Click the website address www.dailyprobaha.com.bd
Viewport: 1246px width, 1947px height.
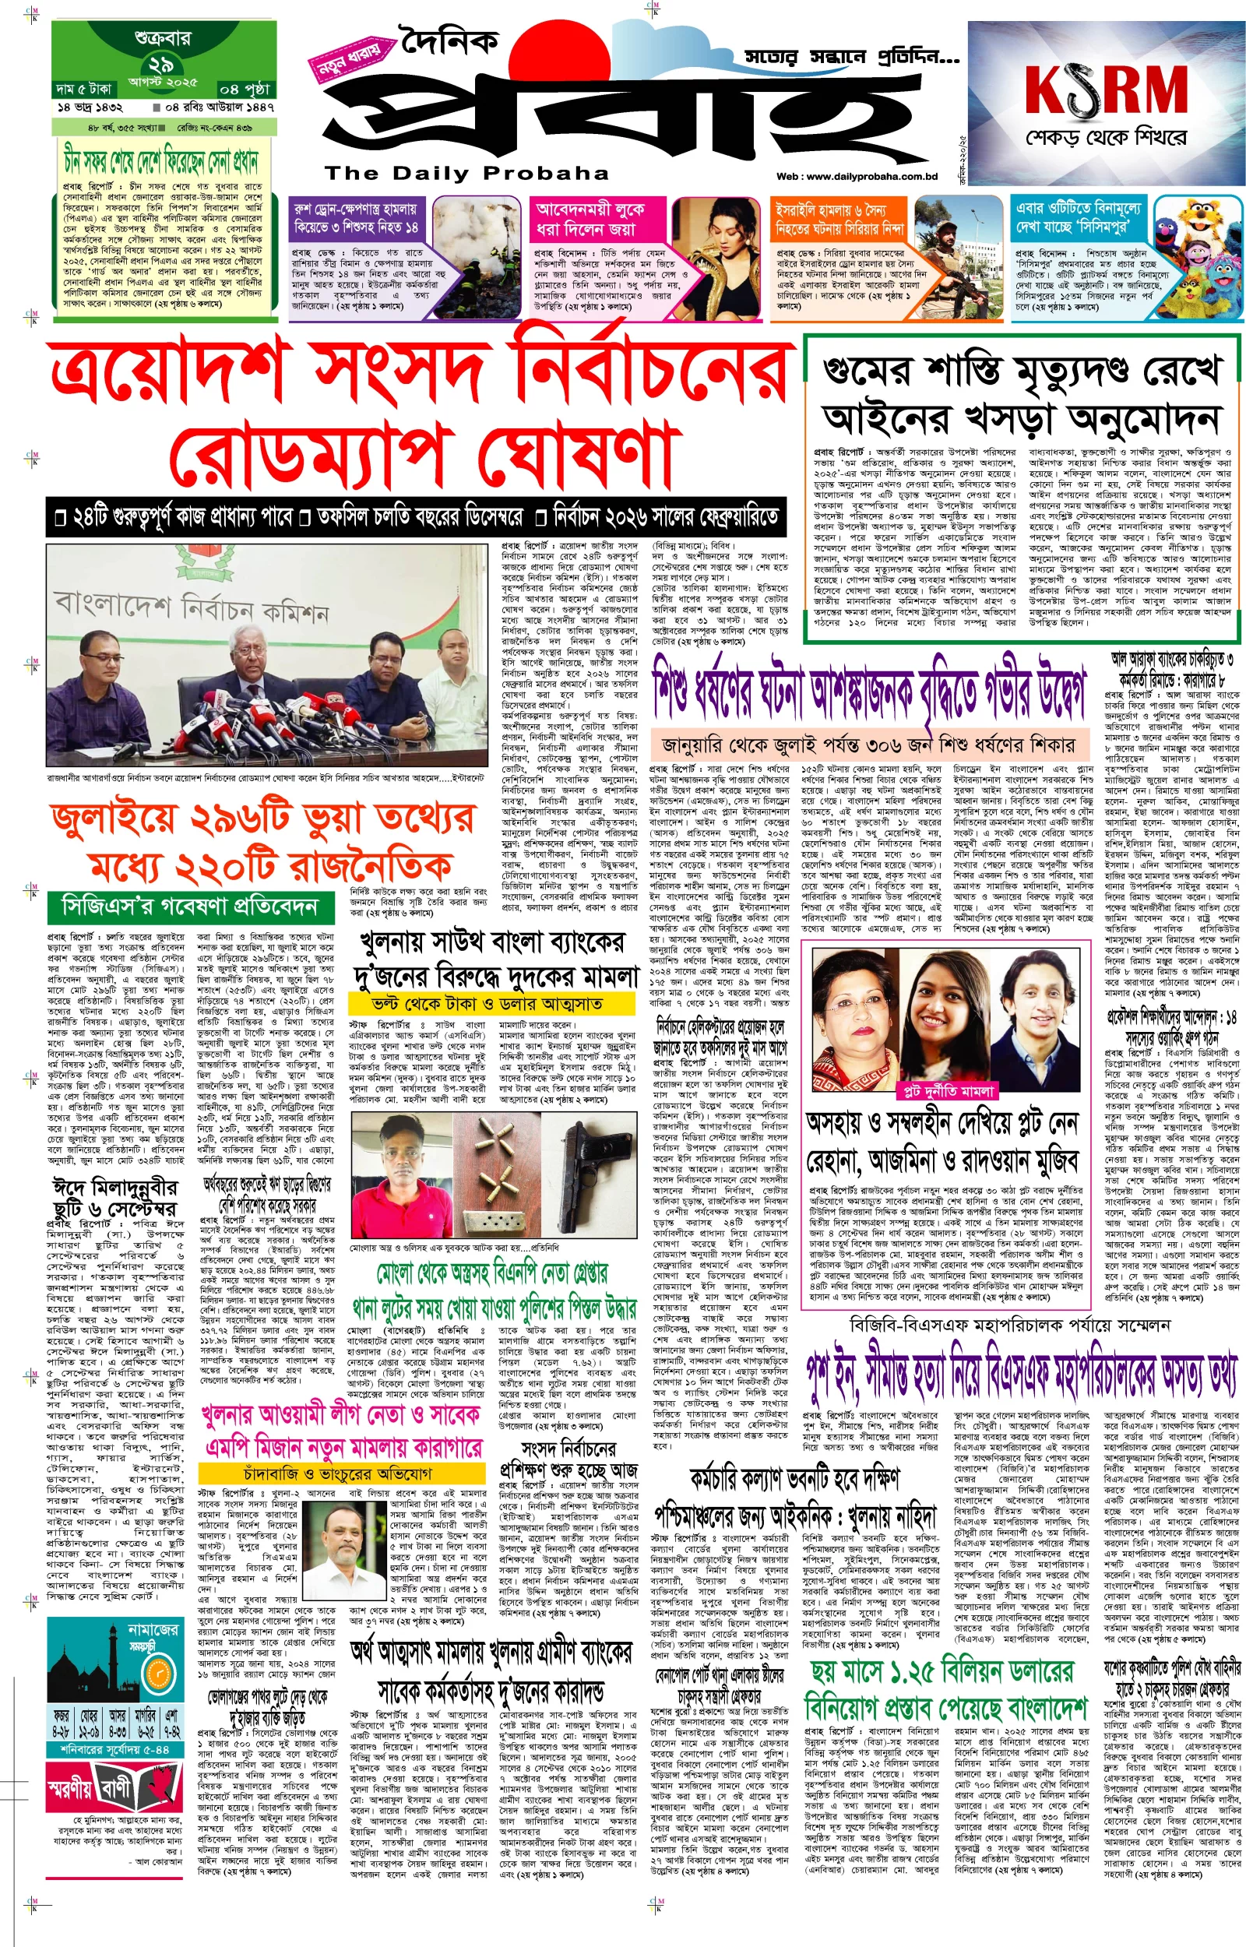point(856,176)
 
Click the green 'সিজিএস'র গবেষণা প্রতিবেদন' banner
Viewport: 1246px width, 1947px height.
point(191,907)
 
